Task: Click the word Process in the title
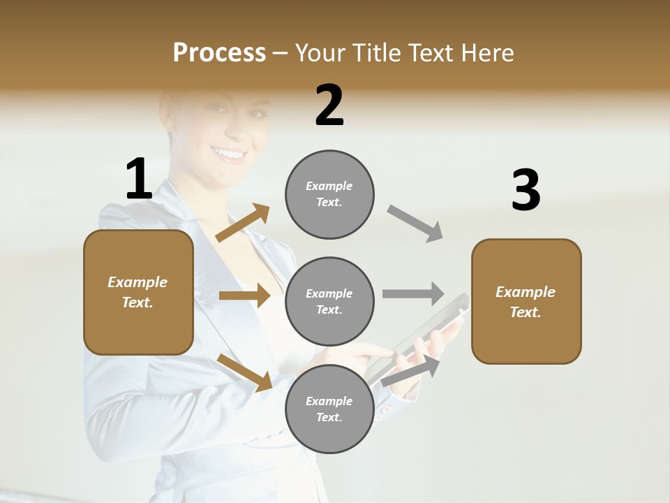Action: [219, 52]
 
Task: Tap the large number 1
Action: [139, 179]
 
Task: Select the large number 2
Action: [329, 105]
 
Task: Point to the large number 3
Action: [526, 190]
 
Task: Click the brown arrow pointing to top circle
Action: [242, 223]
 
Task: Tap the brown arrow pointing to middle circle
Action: [244, 296]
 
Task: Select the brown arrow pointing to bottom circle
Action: [244, 372]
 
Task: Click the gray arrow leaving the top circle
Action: [415, 224]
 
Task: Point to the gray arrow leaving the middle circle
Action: [413, 293]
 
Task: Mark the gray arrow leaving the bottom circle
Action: [411, 370]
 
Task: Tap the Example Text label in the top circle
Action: [329, 194]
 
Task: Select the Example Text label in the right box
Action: [526, 302]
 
